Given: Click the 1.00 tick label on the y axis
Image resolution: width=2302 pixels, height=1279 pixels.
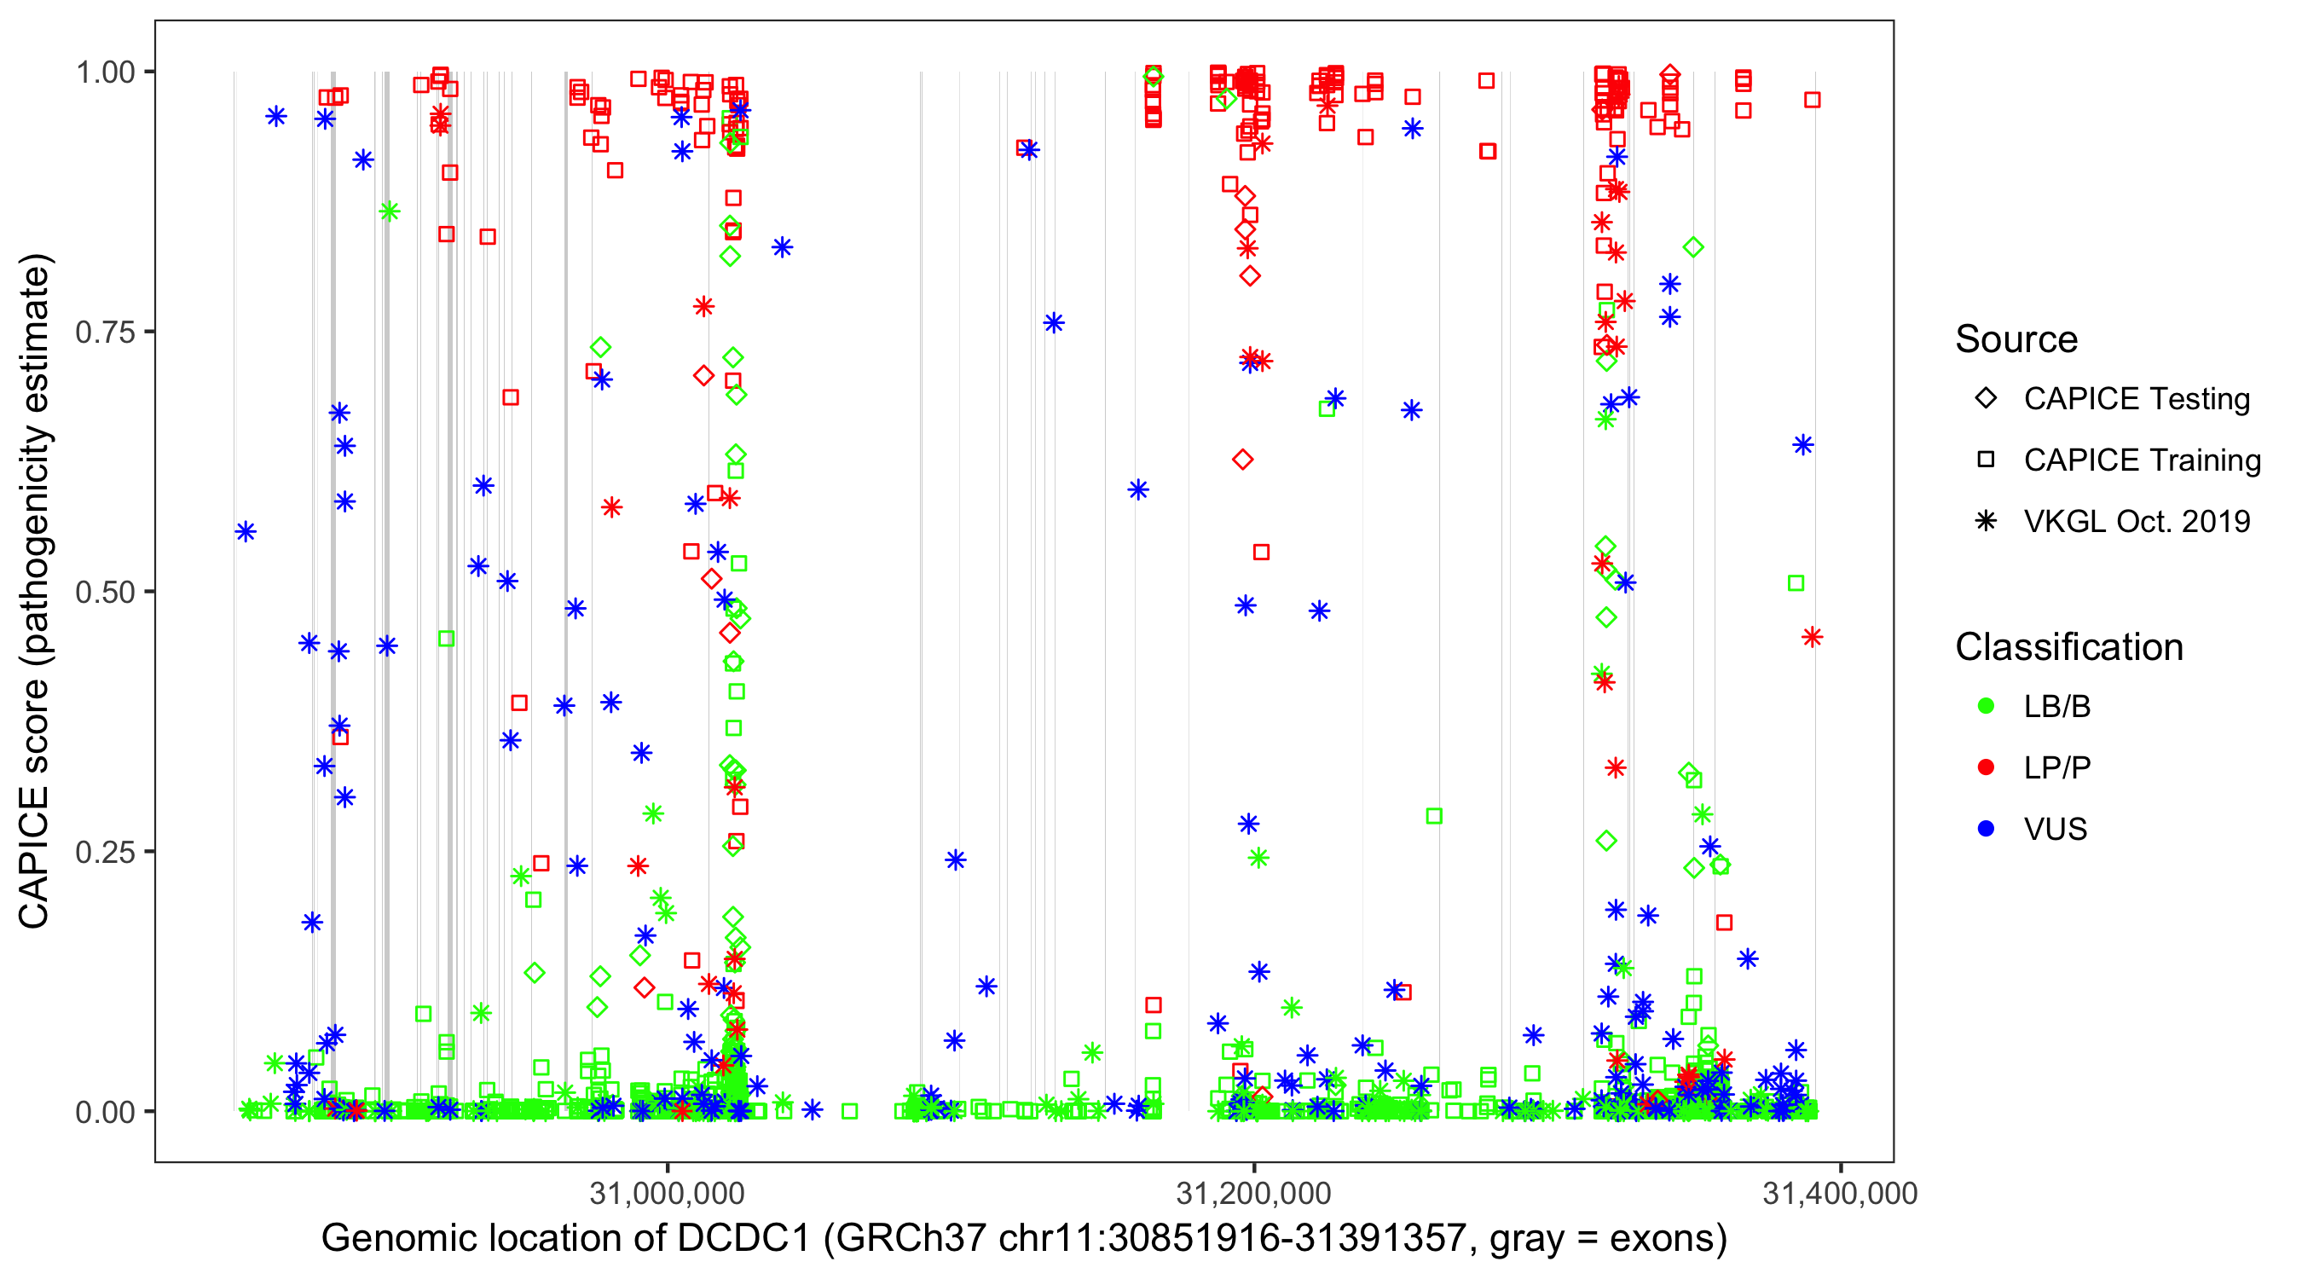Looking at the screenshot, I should pyautogui.click(x=105, y=72).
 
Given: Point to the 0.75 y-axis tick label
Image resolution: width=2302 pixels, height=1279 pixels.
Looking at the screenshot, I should pyautogui.click(x=105, y=333).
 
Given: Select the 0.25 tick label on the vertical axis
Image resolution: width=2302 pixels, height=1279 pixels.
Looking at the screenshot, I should pyautogui.click(x=105, y=852).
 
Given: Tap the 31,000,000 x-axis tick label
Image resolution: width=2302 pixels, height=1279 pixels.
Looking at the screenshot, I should pyautogui.click(x=667, y=1193).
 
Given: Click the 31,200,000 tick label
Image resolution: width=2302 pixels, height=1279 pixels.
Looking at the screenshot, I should pyautogui.click(x=1254, y=1193).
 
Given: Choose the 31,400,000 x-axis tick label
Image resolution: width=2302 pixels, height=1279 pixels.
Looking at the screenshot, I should pyautogui.click(x=1840, y=1193).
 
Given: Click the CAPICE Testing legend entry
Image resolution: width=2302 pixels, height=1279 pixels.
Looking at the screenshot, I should pyautogui.click(x=2136, y=399).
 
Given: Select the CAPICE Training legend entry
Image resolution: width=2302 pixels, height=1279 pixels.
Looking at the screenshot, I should pyautogui.click(x=2141, y=460).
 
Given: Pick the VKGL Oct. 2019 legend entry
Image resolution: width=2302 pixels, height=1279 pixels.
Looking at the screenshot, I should pyautogui.click(x=2136, y=521).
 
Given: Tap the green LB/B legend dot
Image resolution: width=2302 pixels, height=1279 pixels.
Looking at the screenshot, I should pyautogui.click(x=1987, y=706).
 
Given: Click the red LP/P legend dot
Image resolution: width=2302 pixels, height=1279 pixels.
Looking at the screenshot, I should pyautogui.click(x=1987, y=767).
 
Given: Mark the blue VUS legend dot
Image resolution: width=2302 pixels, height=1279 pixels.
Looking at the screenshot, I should pyautogui.click(x=1987, y=829).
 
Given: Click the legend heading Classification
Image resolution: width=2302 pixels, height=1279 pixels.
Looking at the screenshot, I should pyautogui.click(x=2068, y=647).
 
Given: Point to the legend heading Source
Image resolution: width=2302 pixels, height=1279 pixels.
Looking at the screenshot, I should pyautogui.click(x=2016, y=339).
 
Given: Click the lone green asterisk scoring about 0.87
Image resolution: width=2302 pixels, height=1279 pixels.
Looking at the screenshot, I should pyautogui.click(x=389, y=211).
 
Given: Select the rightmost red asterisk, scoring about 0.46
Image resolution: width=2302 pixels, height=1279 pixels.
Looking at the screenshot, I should pyautogui.click(x=1813, y=637).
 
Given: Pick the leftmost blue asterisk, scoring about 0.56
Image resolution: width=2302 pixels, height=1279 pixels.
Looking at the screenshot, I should pyautogui.click(x=246, y=532).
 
